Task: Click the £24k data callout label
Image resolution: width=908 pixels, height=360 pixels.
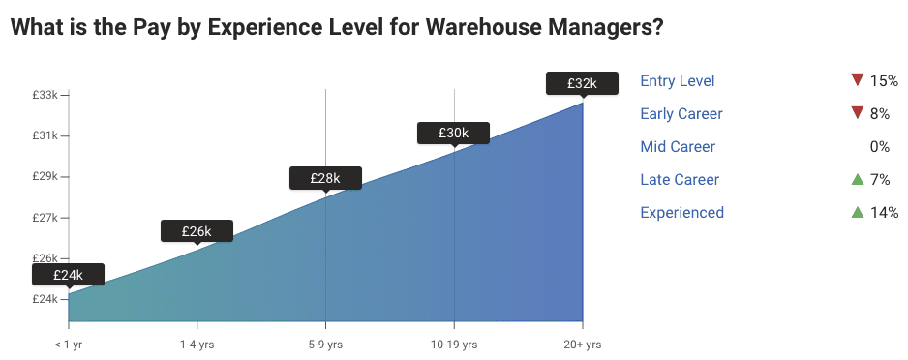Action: tap(68, 275)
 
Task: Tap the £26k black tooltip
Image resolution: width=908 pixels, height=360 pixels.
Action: tap(196, 231)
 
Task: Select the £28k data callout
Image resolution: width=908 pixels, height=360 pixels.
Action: tap(325, 178)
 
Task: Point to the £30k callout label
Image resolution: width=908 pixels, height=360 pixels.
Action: tap(453, 133)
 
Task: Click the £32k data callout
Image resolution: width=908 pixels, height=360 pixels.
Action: tap(582, 84)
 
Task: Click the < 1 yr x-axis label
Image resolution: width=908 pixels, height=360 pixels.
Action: tap(69, 345)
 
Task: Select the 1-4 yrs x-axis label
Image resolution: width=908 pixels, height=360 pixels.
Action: tap(197, 345)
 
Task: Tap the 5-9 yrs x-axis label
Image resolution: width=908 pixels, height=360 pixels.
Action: tap(325, 345)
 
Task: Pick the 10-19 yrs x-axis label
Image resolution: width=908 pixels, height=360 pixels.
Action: tap(453, 345)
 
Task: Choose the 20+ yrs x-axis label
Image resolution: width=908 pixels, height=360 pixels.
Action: tap(582, 345)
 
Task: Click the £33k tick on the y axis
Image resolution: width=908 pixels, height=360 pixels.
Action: tap(45, 95)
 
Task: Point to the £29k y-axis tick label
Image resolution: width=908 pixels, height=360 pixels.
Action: tap(45, 176)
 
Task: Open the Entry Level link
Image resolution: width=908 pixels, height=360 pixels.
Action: tap(678, 81)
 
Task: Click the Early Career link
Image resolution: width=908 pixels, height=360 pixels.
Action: tap(681, 114)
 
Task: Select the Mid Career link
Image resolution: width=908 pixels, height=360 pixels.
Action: tap(678, 147)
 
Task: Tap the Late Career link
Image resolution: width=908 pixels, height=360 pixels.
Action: tap(680, 180)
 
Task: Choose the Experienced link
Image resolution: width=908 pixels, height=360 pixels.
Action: tap(681, 213)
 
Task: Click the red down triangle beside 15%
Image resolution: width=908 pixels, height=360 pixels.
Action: tap(856, 80)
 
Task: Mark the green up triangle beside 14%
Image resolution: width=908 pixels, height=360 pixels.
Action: tap(856, 212)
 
